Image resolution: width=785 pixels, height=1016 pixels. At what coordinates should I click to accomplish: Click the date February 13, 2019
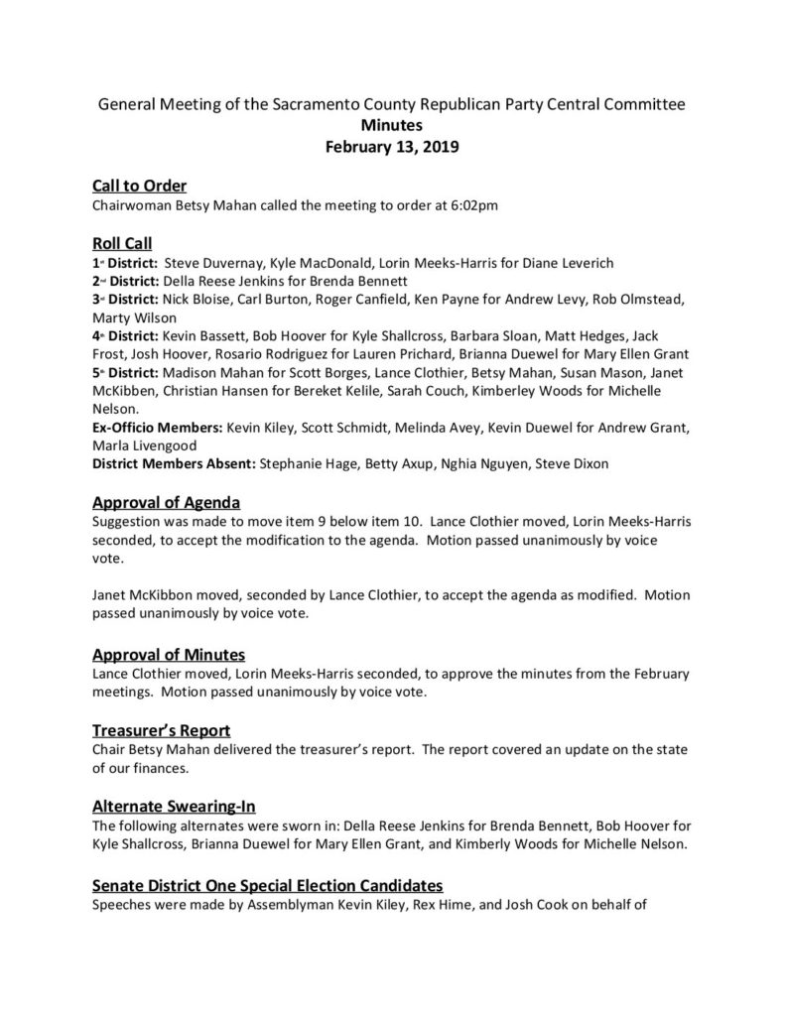[x=392, y=147]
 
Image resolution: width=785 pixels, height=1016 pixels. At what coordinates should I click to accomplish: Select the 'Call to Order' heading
[x=139, y=186]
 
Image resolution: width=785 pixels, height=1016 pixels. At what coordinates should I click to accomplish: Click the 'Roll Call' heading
[x=122, y=243]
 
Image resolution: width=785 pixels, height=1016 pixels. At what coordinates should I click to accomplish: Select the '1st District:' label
[x=124, y=263]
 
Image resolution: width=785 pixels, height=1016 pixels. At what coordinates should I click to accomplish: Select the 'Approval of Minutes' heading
[x=169, y=655]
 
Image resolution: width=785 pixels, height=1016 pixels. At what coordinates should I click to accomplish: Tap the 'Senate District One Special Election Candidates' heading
[x=267, y=883]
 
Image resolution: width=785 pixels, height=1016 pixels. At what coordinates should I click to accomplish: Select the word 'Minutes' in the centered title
[x=392, y=126]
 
